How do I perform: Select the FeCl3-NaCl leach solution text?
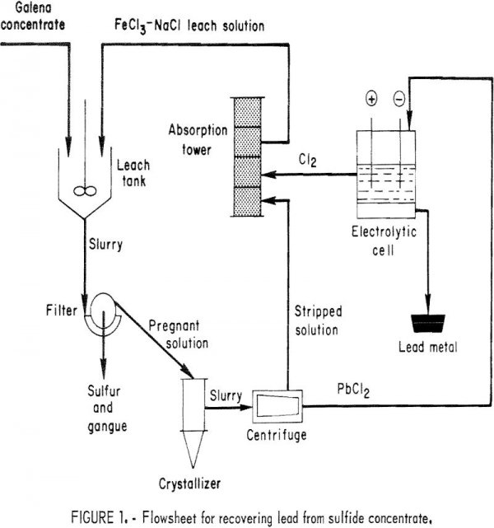coord(190,26)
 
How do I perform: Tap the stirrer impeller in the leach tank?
coord(81,191)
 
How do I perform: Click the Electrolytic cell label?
coord(385,241)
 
